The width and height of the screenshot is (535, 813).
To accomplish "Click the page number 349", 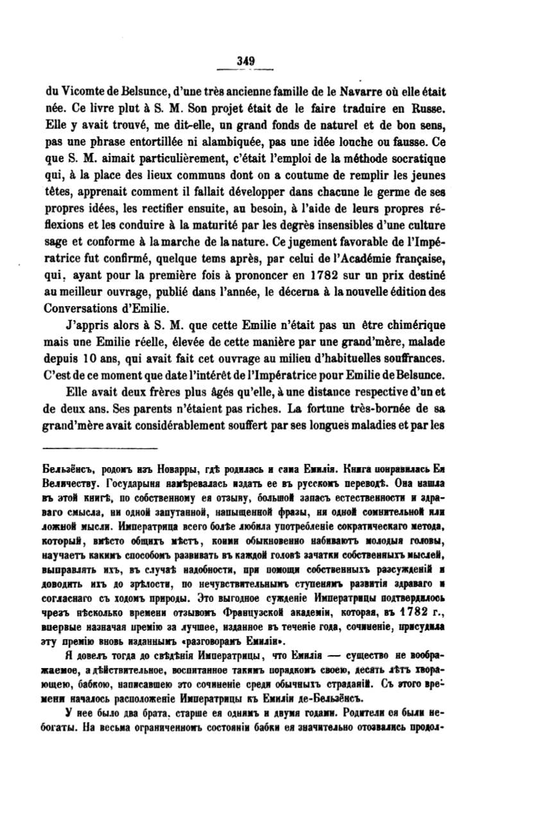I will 246,61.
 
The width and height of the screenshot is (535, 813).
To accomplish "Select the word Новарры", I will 168,468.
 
